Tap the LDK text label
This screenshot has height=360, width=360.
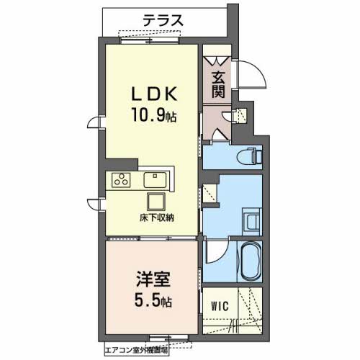(x=152, y=94)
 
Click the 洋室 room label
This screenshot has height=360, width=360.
(x=151, y=277)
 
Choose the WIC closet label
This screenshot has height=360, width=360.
(x=220, y=306)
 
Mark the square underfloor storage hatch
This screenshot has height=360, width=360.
(x=156, y=201)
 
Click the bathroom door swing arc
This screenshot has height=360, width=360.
(x=217, y=253)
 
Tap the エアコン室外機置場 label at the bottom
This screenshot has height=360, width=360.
(x=137, y=350)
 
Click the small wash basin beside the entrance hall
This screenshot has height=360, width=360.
(x=241, y=113)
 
